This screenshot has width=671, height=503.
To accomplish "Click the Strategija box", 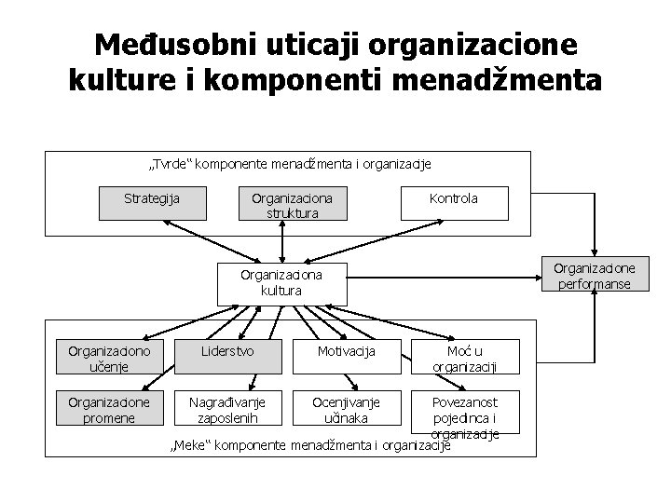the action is pyautogui.click(x=152, y=199).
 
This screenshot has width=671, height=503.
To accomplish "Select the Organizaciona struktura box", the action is pyautogui.click(x=292, y=205).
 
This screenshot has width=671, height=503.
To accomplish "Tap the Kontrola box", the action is pyautogui.click(x=454, y=199).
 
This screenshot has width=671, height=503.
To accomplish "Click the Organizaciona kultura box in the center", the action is pyautogui.click(x=281, y=283).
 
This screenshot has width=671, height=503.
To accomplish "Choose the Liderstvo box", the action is pyautogui.click(x=228, y=352).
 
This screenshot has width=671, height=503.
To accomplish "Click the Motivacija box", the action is pyautogui.click(x=346, y=352).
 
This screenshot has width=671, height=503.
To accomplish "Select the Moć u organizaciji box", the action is pyautogui.click(x=463, y=359).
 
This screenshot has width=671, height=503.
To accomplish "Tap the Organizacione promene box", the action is pyautogui.click(x=109, y=409).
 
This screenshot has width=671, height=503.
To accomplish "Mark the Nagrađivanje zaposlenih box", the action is pyautogui.click(x=228, y=409).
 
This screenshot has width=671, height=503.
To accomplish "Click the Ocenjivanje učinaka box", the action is pyautogui.click(x=346, y=409).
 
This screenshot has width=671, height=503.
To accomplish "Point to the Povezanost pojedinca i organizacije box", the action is pyautogui.click(x=464, y=415).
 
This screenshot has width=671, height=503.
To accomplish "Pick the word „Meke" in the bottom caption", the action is pyautogui.click(x=191, y=446).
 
